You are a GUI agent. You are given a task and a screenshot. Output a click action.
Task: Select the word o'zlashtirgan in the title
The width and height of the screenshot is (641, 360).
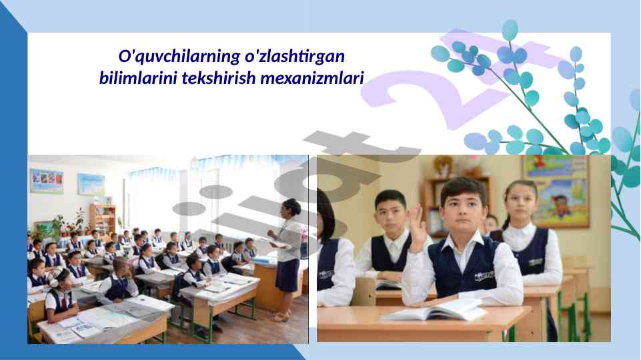(295, 57)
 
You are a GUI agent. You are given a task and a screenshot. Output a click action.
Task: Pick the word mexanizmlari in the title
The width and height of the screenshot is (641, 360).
(312, 77)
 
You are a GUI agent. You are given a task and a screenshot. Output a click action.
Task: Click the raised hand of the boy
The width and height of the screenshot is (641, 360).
(417, 227)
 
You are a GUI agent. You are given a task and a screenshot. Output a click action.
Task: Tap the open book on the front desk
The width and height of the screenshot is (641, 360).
(438, 309)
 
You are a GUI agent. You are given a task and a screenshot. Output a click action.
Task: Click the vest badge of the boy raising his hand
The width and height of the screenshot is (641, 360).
(484, 276)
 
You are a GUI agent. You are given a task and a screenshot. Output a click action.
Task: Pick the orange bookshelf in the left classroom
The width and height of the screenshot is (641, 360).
(102, 219)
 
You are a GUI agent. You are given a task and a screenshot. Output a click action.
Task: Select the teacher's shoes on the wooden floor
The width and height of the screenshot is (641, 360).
(281, 316)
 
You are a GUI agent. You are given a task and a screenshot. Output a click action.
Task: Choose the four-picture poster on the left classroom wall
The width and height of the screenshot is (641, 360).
(47, 181)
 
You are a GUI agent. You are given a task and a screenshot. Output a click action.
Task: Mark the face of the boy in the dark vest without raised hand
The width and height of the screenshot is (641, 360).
(391, 215)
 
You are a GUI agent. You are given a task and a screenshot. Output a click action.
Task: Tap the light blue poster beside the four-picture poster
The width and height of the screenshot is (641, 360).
(91, 184)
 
